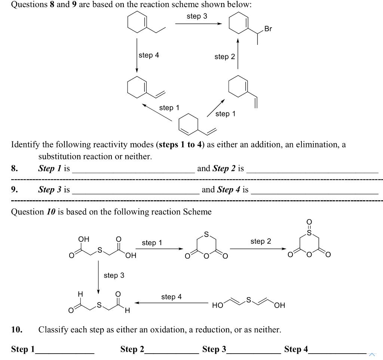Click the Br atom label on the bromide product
[268, 29]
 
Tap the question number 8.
[15, 168]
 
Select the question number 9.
[15, 190]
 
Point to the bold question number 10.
[16, 330]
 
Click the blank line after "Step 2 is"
[312, 171]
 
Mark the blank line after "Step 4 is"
[315, 193]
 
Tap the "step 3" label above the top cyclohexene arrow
[197, 16]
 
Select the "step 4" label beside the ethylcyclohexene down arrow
[148, 55]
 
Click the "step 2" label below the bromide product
[224, 57]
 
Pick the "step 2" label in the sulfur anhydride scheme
[261, 241]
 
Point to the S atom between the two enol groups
[247, 300]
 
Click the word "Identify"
[25, 144]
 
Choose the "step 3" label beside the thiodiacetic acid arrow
[114, 275]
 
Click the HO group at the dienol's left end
[217, 305]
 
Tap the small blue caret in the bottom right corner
[372, 354]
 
